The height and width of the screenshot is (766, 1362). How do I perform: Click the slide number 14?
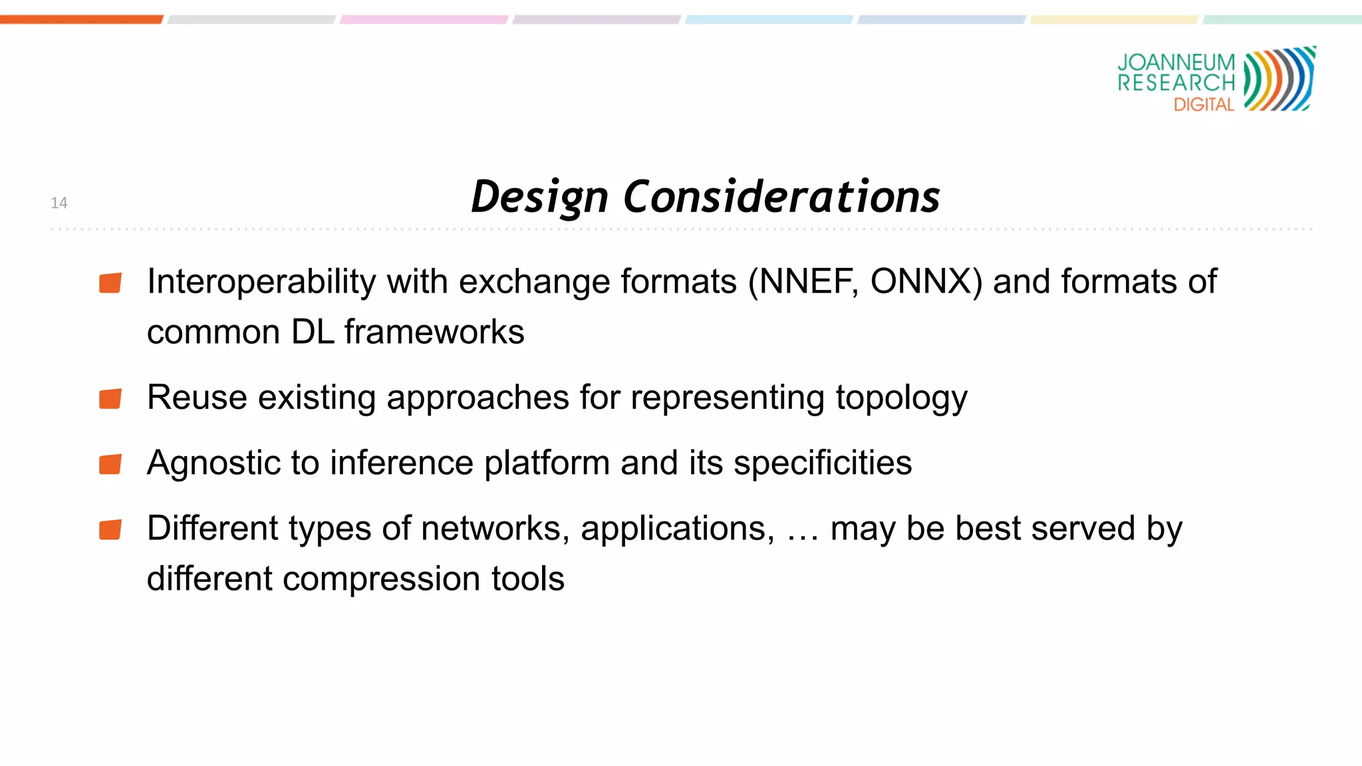pos(59,203)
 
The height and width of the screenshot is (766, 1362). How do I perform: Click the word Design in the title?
pos(539,197)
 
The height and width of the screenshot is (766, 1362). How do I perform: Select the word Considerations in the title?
pos(781,197)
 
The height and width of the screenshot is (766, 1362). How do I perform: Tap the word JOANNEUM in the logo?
pos(1176,63)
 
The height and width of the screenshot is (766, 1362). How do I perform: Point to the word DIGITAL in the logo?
pos(1204,104)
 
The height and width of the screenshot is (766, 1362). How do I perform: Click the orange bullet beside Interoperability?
pos(110,283)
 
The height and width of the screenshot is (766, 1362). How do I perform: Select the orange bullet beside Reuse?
pos(110,399)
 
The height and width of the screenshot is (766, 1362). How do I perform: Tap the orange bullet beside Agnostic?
pos(110,464)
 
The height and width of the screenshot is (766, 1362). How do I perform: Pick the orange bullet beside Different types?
pos(110,530)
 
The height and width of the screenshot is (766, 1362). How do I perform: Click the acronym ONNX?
pos(926,281)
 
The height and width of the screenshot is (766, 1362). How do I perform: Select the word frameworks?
pos(434,332)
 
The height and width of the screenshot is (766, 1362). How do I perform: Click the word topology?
pos(901,398)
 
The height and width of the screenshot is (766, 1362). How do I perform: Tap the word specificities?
pos(823,463)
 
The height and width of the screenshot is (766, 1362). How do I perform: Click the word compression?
pos(381,578)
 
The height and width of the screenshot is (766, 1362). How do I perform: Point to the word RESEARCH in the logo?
pos(1176,83)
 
